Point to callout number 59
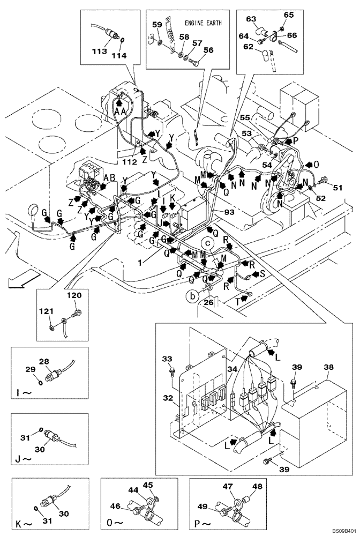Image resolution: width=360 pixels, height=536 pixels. (157, 24)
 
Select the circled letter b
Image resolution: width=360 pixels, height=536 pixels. (190, 295)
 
